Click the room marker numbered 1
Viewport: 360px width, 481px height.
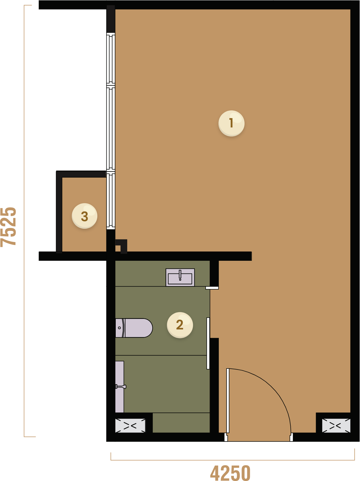point(231,123)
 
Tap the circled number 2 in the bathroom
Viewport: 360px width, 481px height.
point(180,325)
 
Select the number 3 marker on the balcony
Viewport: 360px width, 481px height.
point(85,216)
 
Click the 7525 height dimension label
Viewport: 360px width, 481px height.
point(9,227)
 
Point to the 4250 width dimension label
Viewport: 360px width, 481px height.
point(230,472)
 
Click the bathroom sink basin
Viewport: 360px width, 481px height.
point(180,278)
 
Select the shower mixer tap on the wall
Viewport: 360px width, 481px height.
point(121,387)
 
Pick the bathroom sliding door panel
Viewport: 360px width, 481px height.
point(208,343)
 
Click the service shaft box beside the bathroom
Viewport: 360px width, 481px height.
point(130,426)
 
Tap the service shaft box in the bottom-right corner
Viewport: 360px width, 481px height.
point(336,426)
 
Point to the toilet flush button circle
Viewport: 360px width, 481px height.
point(119,328)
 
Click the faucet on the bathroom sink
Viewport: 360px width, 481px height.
point(180,275)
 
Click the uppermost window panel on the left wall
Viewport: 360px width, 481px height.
point(111,59)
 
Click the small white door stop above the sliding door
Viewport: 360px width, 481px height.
point(212,288)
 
